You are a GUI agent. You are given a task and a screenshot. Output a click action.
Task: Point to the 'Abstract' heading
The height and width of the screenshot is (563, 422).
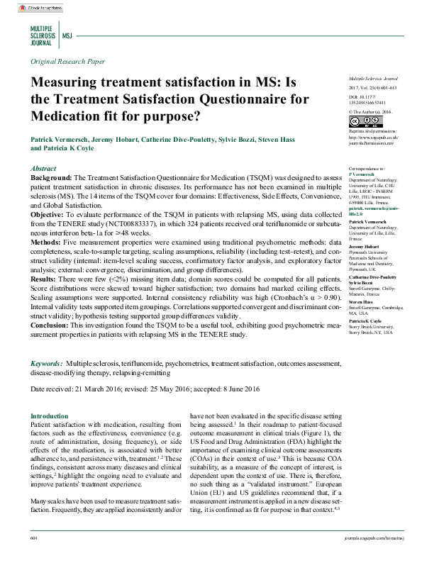[x=44, y=168]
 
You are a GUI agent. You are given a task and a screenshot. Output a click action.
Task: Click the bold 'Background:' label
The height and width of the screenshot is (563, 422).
[x=51, y=177]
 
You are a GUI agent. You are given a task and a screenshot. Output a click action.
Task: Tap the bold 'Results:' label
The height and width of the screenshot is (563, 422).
[x=46, y=279]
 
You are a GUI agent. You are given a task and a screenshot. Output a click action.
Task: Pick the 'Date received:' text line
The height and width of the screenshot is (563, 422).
[x=146, y=389]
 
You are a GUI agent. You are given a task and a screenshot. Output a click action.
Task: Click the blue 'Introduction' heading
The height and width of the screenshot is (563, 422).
[x=50, y=416]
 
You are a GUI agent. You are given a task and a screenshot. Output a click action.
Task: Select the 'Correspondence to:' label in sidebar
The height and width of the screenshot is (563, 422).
[x=367, y=168]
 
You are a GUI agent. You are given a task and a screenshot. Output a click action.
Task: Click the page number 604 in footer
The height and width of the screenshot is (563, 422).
[x=34, y=558]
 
